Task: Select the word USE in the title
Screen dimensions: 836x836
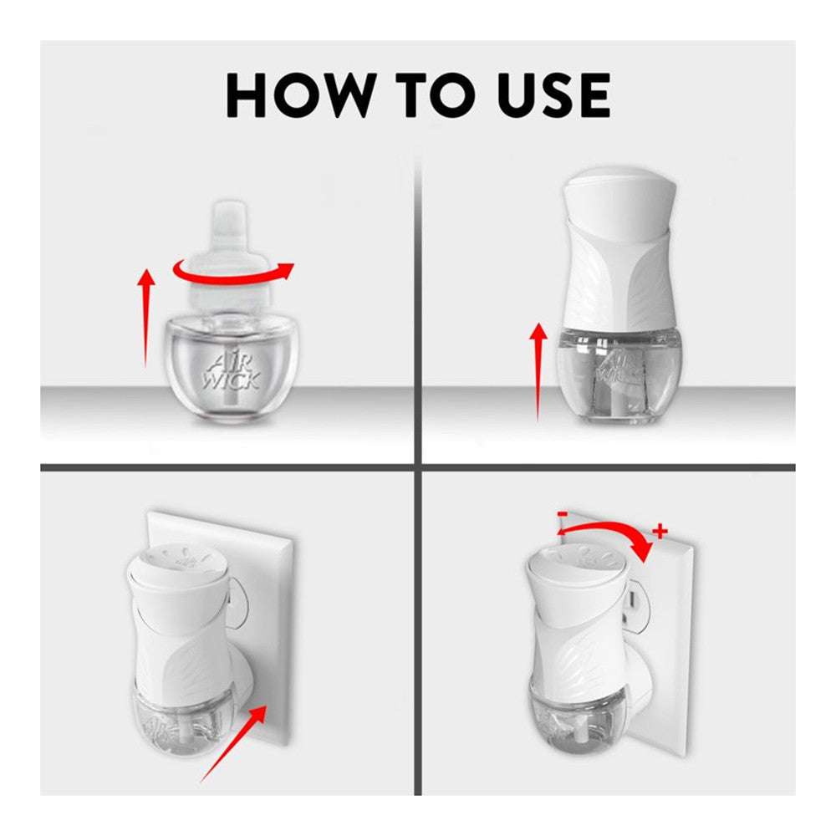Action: (554, 95)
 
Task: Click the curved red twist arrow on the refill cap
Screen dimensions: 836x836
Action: (233, 273)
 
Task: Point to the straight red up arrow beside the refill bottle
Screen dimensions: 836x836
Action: (146, 319)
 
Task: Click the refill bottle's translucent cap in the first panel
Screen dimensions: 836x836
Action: (230, 256)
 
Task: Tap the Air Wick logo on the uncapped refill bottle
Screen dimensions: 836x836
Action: (232, 372)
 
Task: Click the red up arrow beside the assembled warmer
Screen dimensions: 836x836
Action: (538, 372)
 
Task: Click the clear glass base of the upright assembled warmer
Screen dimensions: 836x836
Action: (619, 373)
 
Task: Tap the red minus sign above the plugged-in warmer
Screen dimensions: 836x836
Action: (562, 514)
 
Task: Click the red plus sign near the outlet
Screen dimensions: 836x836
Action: (660, 531)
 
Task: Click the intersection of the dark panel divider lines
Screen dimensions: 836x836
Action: (418, 467)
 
